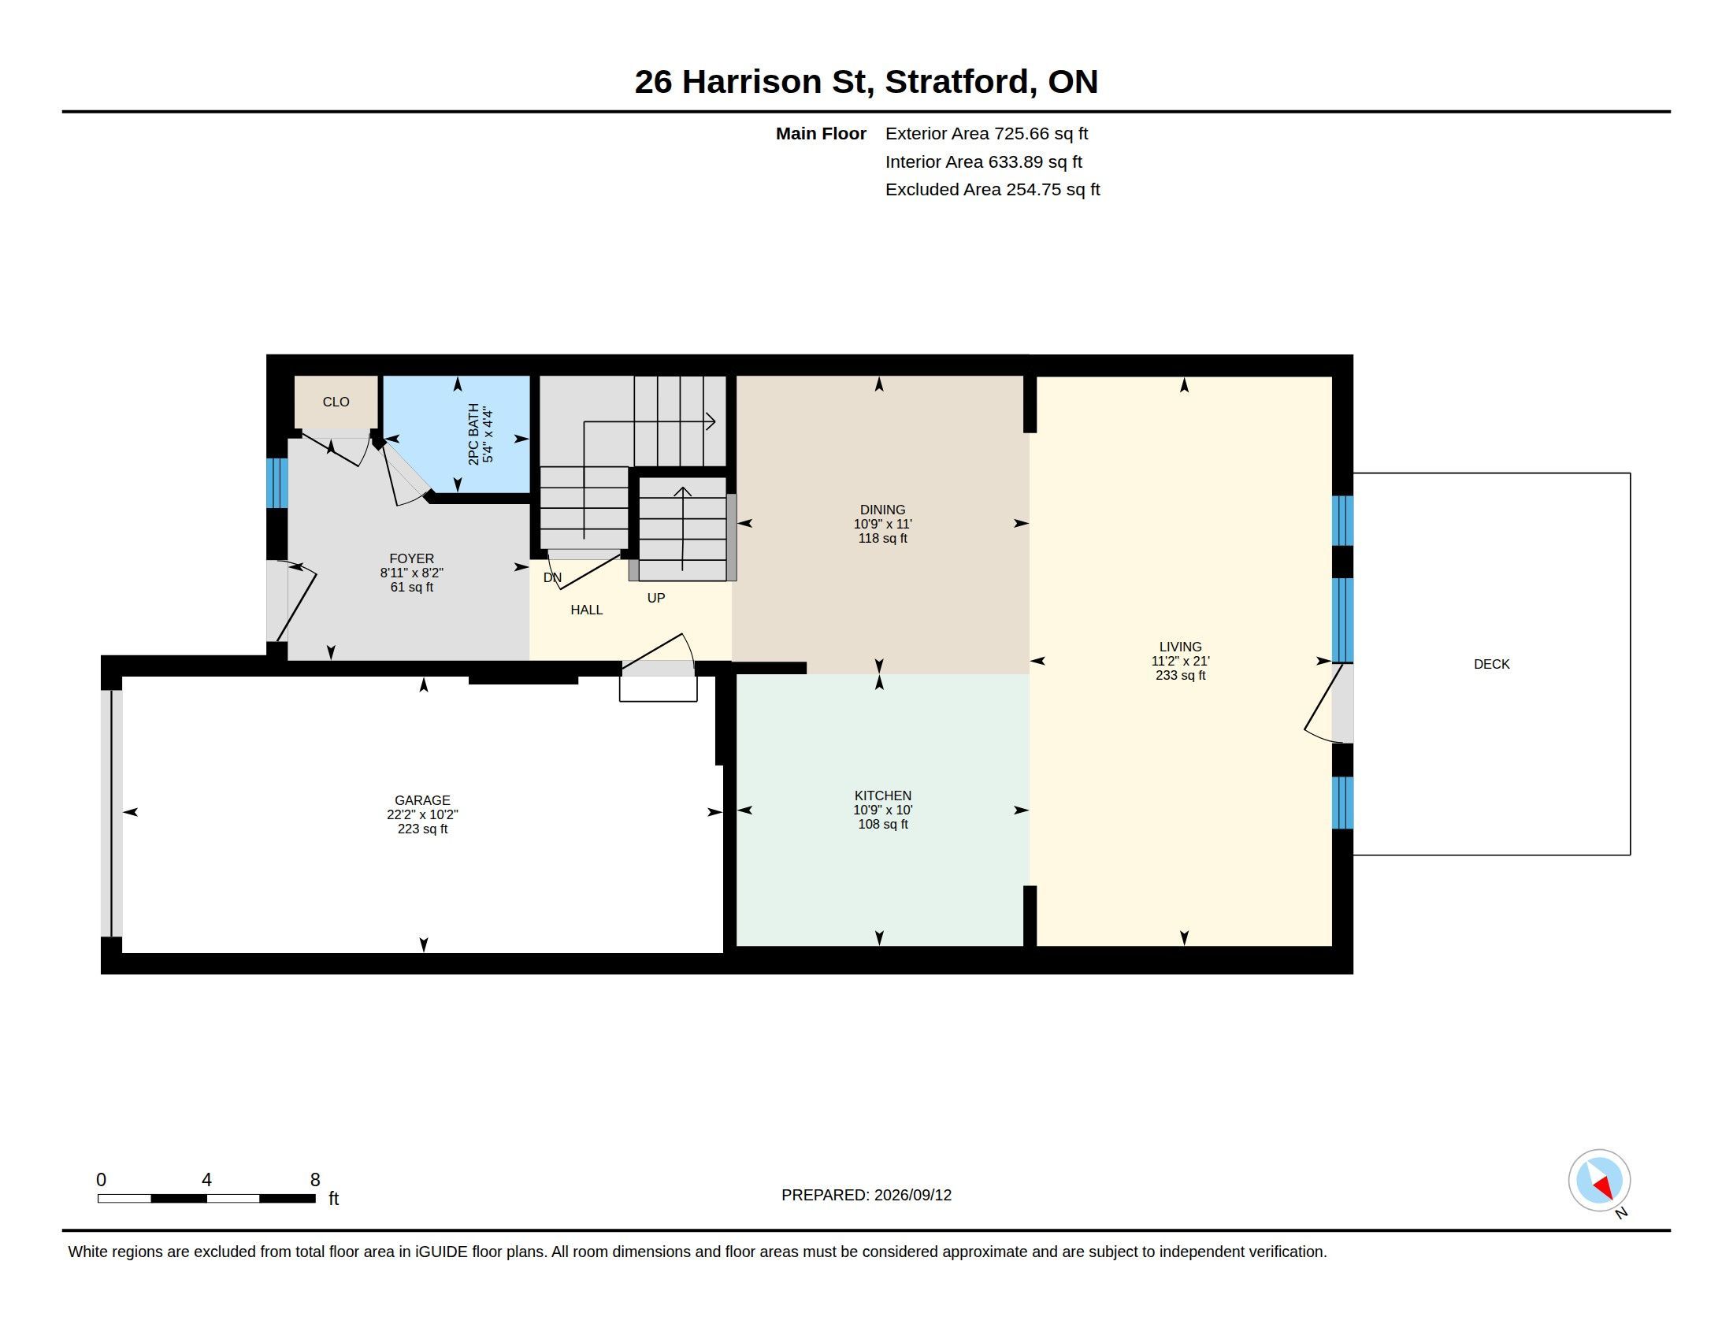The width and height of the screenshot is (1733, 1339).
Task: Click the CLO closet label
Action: pyautogui.click(x=336, y=402)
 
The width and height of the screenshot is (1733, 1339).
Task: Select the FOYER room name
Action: pyautogui.click(x=412, y=558)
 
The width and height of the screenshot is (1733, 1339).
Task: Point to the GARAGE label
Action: pyautogui.click(x=422, y=800)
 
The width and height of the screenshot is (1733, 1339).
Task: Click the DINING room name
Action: pyautogui.click(x=882, y=510)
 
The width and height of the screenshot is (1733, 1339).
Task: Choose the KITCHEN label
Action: pyautogui.click(x=882, y=796)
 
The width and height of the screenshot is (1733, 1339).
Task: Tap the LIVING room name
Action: pyautogui.click(x=1180, y=647)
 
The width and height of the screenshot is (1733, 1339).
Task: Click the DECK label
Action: pyautogui.click(x=1491, y=664)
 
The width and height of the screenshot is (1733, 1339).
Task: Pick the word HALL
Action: pyautogui.click(x=586, y=610)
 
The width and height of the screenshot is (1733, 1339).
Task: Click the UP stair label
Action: pyautogui.click(x=655, y=598)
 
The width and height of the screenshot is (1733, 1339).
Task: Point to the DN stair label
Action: pyautogui.click(x=552, y=577)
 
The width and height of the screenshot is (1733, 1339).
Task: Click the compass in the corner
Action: pyautogui.click(x=1599, y=1180)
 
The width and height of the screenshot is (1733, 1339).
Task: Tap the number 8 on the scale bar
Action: pyautogui.click(x=315, y=1180)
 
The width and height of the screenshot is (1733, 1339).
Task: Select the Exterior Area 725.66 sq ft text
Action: pyautogui.click(x=986, y=134)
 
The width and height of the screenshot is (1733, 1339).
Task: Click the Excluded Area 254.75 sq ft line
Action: pyautogui.click(x=993, y=190)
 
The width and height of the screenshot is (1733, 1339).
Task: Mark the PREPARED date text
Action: pyautogui.click(x=866, y=1195)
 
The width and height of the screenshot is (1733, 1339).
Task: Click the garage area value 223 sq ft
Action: pyautogui.click(x=422, y=829)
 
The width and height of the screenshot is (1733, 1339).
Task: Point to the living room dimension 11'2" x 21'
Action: pyautogui.click(x=1180, y=661)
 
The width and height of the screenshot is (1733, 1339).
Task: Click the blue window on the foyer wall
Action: pyautogui.click(x=277, y=482)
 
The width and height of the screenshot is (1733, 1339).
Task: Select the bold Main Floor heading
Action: pyautogui.click(x=821, y=134)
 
